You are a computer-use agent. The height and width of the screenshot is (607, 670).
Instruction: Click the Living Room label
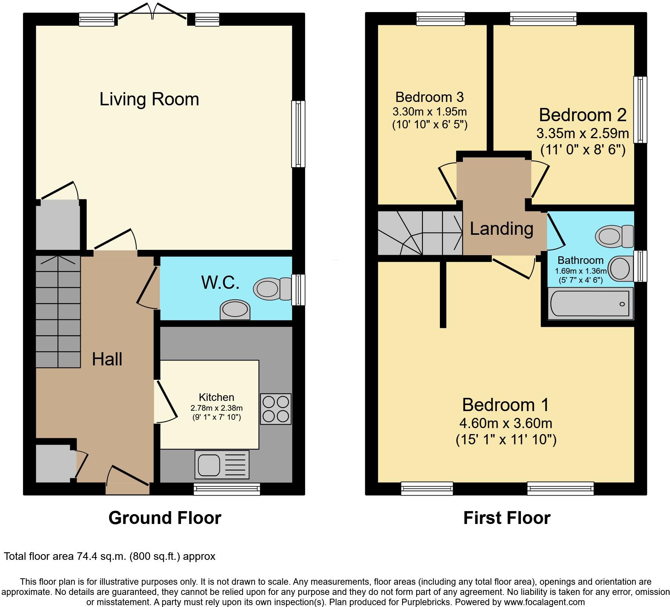click(149, 99)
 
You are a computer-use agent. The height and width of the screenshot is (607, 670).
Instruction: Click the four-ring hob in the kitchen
click(276, 409)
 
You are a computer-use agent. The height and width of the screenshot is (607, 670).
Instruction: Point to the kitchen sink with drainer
click(222, 464)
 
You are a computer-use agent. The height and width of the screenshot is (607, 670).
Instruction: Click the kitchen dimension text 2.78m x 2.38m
click(217, 408)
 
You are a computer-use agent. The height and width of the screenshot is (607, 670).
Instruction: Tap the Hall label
click(107, 359)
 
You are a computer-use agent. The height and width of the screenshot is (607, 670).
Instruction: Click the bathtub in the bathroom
click(590, 303)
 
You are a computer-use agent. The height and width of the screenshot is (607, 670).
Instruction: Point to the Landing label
click(501, 229)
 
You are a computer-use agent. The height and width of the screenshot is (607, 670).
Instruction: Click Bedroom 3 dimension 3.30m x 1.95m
click(430, 112)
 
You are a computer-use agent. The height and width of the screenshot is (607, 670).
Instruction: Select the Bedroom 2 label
click(582, 115)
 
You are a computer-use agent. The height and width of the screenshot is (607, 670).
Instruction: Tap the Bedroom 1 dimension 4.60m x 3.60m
click(506, 423)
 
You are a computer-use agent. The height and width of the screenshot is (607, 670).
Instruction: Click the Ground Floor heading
click(165, 518)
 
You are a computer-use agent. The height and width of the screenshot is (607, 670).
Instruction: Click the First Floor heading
click(507, 518)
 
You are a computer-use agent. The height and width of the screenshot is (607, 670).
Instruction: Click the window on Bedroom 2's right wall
click(640, 109)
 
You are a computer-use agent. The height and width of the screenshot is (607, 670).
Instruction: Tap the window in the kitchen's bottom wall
click(227, 489)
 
